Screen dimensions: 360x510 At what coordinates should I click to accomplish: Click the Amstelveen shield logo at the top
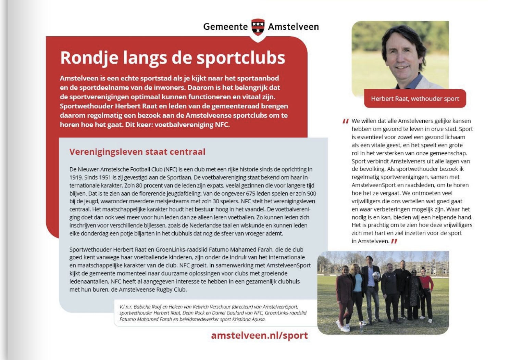tap(258, 27)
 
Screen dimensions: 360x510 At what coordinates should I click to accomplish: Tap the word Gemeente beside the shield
tap(225, 27)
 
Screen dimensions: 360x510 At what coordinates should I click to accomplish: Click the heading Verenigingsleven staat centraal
tap(137, 152)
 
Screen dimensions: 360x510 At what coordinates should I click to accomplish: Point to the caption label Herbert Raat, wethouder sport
tap(415, 99)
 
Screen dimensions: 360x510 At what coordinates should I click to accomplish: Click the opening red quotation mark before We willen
tap(346, 121)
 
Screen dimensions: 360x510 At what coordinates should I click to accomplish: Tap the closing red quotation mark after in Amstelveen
tap(394, 241)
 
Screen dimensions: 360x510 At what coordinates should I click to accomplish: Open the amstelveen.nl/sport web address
tap(259, 335)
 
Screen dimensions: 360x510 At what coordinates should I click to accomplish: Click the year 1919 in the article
tap(76, 177)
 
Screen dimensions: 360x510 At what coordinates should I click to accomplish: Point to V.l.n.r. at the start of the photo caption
tap(126, 307)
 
